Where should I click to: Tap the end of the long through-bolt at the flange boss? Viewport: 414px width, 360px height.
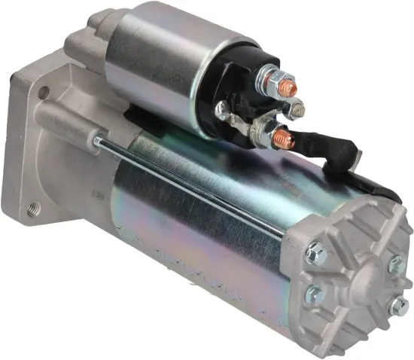(x=97, y=139)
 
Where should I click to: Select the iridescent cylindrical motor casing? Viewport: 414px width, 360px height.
(x=196, y=226)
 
